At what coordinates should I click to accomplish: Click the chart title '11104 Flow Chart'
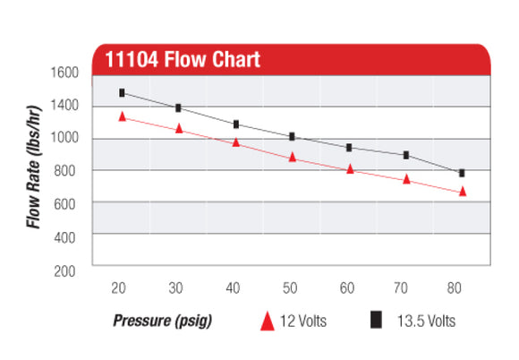183,60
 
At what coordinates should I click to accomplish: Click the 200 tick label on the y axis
66,269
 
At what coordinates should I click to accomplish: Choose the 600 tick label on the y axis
66,203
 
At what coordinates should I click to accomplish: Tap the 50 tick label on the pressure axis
291,288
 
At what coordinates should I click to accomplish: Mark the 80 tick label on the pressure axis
462,288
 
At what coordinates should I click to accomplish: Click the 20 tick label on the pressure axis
120,288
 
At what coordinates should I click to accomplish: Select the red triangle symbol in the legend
266,320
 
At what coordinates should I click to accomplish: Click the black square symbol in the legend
377,319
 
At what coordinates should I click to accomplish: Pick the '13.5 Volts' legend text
426,320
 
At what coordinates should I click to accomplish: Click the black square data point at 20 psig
122,93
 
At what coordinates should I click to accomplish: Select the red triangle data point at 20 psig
122,117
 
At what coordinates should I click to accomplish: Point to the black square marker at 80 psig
462,173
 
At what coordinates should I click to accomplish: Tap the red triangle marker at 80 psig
463,192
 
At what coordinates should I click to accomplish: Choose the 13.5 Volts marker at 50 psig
292,137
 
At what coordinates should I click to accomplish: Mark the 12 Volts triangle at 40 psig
235,142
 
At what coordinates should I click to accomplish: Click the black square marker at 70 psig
405,155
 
